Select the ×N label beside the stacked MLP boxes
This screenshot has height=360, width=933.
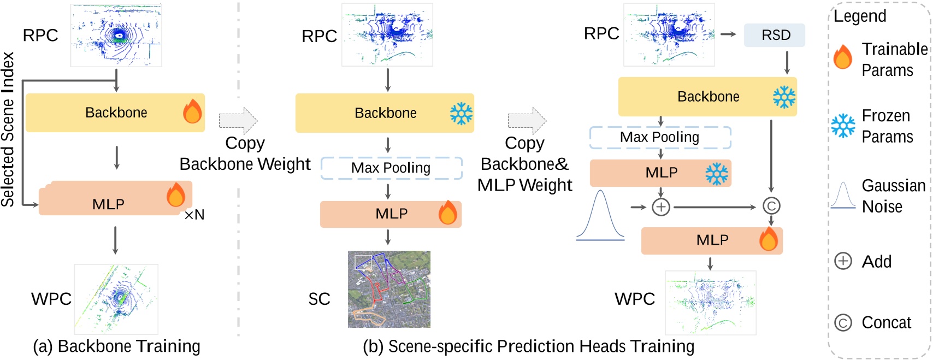[194, 215]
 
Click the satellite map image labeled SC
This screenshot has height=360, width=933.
[389, 289]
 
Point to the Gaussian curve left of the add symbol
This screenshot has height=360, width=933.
[600, 215]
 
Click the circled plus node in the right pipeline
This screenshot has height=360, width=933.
[661, 207]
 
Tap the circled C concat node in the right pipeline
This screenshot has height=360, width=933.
[771, 206]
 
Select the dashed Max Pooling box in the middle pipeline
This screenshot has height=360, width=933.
[391, 168]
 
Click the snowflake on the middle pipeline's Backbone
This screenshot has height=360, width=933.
[461, 114]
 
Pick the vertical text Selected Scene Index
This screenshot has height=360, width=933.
[8, 129]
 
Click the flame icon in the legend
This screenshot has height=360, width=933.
[843, 57]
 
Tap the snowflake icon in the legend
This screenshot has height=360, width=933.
[843, 126]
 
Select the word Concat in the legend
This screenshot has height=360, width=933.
[886, 323]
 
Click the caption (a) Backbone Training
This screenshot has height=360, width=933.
[116, 346]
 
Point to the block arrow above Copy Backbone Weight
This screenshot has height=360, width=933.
[238, 120]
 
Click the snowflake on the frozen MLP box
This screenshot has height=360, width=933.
[716, 174]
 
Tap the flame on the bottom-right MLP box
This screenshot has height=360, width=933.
[768, 239]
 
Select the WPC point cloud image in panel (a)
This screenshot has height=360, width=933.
[116, 299]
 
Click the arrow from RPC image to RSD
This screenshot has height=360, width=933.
[728, 34]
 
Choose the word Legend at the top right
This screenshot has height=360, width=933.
[860, 16]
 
